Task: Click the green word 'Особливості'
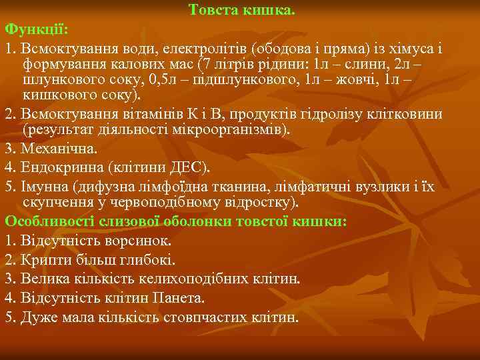point(46,221)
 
